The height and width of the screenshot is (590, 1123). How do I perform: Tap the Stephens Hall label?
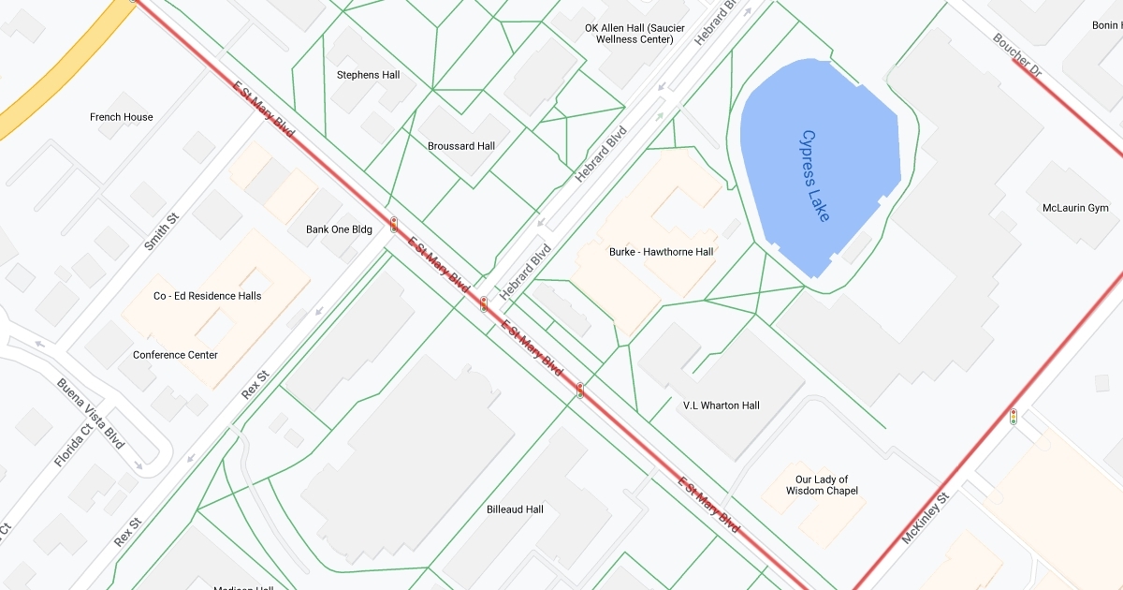pos(368,75)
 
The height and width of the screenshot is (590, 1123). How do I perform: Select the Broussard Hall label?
pos(461,146)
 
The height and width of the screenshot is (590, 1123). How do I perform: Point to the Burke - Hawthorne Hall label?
pos(661,252)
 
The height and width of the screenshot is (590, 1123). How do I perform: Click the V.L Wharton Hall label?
pos(722,406)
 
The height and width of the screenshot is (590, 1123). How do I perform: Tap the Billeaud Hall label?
pos(515,509)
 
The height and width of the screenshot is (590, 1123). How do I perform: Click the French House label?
pos(122,117)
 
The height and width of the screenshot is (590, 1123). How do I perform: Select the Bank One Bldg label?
pos(339,229)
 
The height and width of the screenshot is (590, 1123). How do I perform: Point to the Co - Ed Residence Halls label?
pos(208,296)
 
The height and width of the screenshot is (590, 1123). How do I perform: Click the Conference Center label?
pos(175,355)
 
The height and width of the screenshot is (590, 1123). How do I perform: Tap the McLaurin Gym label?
pos(1075,208)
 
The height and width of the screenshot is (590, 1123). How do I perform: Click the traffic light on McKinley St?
pos(1014,416)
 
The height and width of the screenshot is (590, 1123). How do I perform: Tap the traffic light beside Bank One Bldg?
pos(394,225)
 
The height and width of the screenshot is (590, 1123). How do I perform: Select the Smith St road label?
pos(161,231)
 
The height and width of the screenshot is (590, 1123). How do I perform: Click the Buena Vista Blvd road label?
pos(91,413)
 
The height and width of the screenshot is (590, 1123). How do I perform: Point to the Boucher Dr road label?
pos(1017,56)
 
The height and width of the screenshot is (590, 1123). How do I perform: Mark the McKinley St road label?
pos(925,518)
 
